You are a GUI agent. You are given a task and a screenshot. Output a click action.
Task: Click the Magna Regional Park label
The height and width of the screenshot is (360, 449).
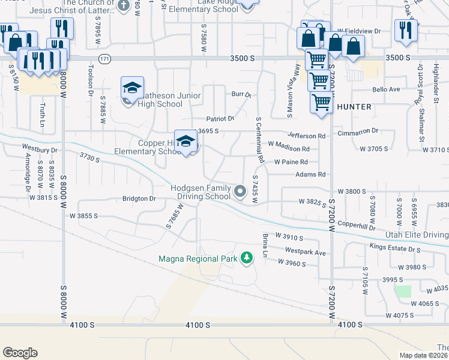coord(198,259)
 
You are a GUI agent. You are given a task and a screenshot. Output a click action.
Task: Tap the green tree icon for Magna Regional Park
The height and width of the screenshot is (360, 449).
coord(246,258)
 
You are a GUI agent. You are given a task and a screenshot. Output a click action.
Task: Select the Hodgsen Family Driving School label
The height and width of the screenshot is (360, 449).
coord(201,192)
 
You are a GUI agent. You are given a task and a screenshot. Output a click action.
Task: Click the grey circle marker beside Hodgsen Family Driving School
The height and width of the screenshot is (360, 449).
coord(240,191)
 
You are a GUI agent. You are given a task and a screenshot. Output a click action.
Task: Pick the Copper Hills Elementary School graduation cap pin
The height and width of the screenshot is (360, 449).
coord(186,142)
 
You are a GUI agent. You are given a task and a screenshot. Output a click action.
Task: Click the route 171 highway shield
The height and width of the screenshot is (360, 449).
coord(105,58)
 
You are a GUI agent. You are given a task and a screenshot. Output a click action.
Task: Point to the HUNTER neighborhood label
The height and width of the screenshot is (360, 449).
coord(354,107)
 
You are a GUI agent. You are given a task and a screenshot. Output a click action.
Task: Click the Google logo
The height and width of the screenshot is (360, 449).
coord(20,352)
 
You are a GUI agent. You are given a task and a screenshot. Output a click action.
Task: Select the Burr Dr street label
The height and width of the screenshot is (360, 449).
coord(241,95)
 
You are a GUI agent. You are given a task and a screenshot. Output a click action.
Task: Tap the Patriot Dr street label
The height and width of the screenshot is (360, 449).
coord(220,119)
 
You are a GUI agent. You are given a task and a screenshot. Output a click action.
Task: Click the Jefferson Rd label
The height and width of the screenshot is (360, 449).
coord(306,136)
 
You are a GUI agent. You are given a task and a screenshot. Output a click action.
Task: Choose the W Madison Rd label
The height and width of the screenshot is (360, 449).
coord(289,148)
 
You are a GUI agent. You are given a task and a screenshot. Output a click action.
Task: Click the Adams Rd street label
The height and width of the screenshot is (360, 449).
coord(310,175)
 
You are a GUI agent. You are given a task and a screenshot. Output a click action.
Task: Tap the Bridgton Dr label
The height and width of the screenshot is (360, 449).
coord(139,198)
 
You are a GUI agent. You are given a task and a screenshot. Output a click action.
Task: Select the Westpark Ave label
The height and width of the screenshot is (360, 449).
coord(305,252)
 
